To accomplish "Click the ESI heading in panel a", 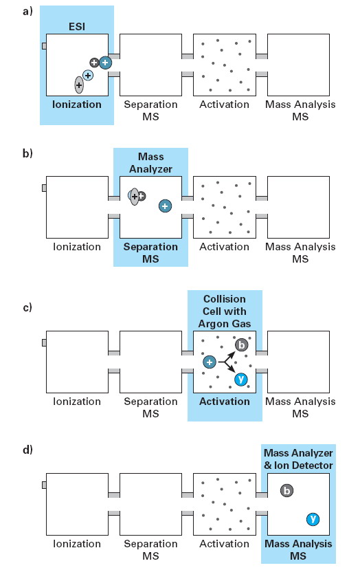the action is click(x=77, y=27).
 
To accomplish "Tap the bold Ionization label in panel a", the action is click(x=77, y=105).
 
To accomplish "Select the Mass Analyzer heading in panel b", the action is click(x=150, y=163).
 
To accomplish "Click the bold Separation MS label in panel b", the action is click(x=150, y=253).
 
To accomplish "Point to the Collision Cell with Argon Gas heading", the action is click(x=225, y=311).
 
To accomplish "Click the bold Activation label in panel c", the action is click(x=225, y=402).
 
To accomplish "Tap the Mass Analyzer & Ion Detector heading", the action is click(x=298, y=459).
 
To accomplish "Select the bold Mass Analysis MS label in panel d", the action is click(x=298, y=549).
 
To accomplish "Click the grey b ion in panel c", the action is click(x=242, y=344).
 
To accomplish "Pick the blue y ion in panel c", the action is click(x=241, y=380).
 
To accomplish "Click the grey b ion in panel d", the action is click(x=286, y=491).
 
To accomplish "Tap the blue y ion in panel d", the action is click(x=313, y=519).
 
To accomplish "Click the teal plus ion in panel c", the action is click(x=210, y=362).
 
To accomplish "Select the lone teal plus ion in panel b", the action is click(x=165, y=206).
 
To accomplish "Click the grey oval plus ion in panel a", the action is click(x=79, y=85).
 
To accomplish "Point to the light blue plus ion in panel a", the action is click(x=88, y=75).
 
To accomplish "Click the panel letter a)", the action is click(x=27, y=11).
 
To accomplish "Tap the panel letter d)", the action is click(x=27, y=450).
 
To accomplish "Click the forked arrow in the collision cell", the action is click(x=226, y=362).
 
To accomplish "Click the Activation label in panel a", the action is click(x=225, y=105).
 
